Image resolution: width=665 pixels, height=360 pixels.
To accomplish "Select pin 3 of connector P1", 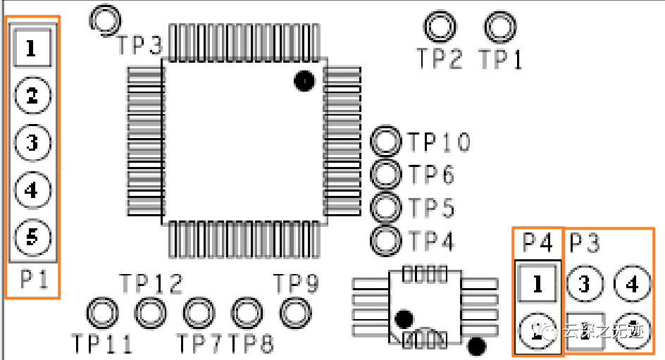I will coord(32,143).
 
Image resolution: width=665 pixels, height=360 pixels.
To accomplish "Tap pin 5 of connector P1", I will coord(32,237).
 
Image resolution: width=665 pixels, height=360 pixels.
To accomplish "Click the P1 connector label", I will coord(33,280).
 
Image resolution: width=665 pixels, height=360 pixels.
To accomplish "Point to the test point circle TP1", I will coord(500,27).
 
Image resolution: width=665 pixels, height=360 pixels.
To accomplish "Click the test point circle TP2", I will coord(440,27).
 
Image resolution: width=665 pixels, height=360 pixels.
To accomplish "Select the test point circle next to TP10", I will coord(386,142).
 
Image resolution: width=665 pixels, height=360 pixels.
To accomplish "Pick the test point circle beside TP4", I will coord(386,240).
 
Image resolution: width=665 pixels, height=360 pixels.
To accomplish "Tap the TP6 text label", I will coord(432,175).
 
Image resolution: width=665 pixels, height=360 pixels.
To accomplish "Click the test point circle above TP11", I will coord(102,311).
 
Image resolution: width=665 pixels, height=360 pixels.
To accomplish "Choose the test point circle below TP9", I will coord(294,311).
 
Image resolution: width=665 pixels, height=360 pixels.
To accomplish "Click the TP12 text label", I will coord(151,284).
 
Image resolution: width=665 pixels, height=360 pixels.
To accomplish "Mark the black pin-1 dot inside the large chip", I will coord(304,81).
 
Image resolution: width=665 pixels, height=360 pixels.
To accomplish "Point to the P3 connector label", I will coord(585,243).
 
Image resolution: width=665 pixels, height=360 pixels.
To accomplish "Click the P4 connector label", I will coord(537,243).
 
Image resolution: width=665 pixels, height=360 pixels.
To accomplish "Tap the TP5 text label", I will coord(432,209).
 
